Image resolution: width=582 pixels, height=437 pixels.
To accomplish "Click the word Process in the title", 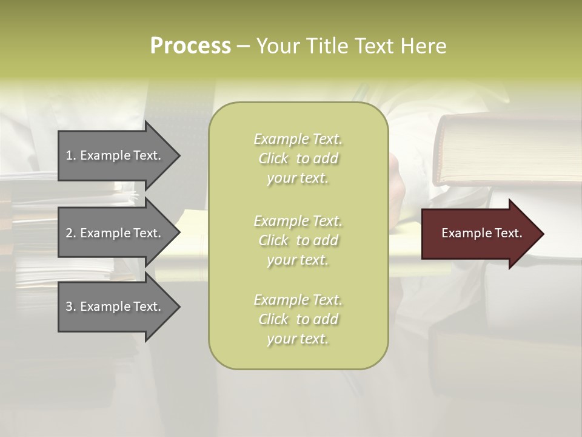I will point(190,46).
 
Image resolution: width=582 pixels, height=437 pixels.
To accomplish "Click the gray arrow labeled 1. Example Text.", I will point(115,155).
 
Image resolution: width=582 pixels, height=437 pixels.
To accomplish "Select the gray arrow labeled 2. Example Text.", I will point(115,233).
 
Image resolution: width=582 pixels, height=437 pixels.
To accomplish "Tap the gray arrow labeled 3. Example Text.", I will point(115,307).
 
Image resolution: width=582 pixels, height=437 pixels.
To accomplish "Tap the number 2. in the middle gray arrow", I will point(71,233).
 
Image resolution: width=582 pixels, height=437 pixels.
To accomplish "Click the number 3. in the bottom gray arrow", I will point(71,307).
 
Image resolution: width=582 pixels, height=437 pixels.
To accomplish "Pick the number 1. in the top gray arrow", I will point(70,155).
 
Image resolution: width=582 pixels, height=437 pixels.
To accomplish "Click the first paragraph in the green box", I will point(298,158).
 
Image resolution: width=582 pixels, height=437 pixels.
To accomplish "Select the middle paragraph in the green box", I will point(298,240).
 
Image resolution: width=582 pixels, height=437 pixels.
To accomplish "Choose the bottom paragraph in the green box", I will point(298,319).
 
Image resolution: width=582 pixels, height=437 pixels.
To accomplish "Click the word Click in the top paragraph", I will point(273,158).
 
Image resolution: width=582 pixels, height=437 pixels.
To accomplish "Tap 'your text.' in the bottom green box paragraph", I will point(298,339).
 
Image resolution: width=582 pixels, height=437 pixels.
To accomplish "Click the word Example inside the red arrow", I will point(463,233).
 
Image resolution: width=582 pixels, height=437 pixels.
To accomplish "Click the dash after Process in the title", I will point(243,46).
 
